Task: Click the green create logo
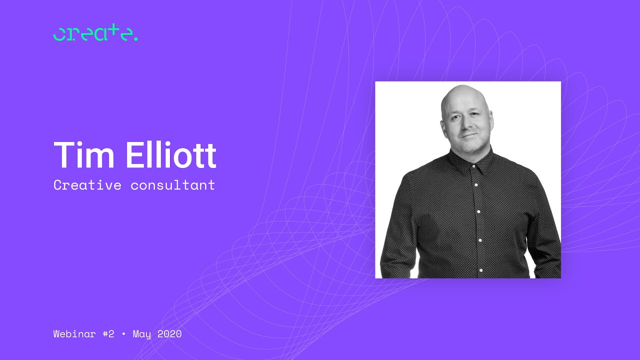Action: [x=95, y=33]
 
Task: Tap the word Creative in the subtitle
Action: [x=87, y=185]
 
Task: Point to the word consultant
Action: [x=173, y=185]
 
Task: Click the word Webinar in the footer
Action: [x=73, y=333]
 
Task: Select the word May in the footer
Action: [x=142, y=334]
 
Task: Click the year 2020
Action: [x=169, y=333]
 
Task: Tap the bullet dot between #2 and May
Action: [x=123, y=334]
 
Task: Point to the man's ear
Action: [x=491, y=120]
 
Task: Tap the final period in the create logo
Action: [x=136, y=39]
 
